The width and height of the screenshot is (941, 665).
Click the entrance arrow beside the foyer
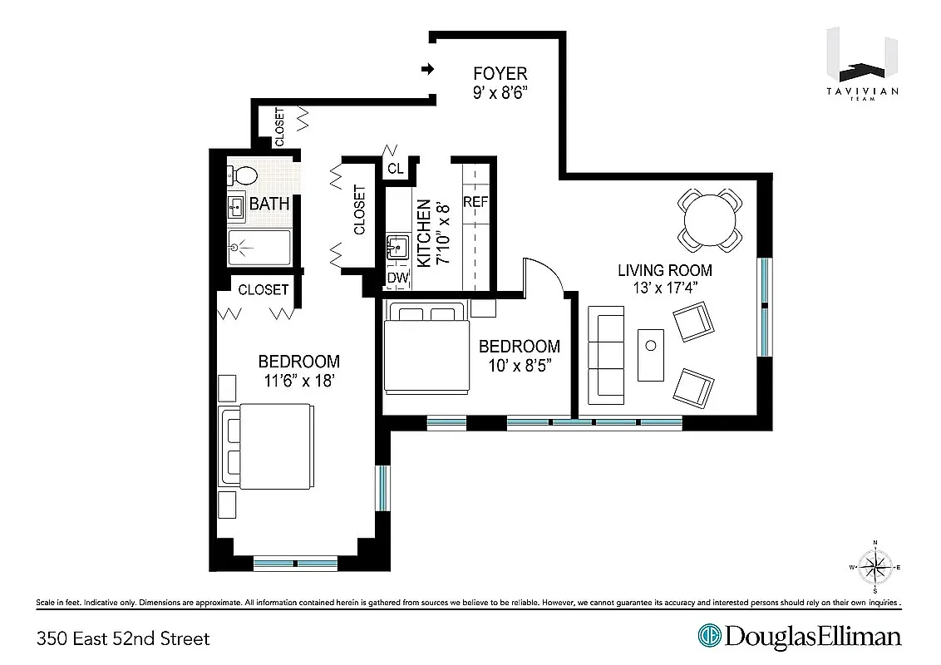[428, 68]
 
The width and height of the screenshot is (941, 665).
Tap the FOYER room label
[500, 74]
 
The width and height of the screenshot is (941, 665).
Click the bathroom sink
[236, 206]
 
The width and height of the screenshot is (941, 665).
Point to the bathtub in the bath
[259, 247]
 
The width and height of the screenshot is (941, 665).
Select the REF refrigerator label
[475, 202]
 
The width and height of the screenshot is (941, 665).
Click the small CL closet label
[395, 168]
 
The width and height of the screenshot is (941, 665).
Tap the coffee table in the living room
[651, 355]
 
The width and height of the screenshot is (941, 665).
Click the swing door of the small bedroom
[542, 276]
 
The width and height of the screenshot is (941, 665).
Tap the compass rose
[874, 569]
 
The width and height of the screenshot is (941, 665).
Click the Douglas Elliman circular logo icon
[710, 636]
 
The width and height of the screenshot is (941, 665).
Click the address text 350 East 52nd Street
[123, 638]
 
